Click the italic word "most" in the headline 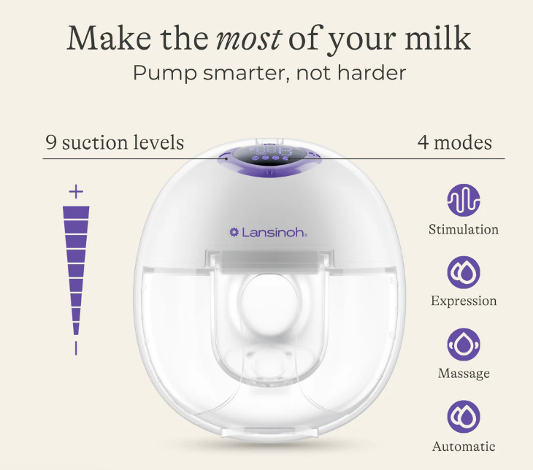point(249,39)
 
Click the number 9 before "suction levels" point(51,142)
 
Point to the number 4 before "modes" point(423,142)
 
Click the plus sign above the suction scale point(76,192)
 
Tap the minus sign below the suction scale point(76,348)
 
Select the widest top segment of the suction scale point(76,212)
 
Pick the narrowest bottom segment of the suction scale point(76,328)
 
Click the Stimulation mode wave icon point(464,201)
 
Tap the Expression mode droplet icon point(464,272)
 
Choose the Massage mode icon point(464,344)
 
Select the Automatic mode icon point(464,417)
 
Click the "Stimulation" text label point(464,229)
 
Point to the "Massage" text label point(464,374)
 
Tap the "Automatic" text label point(464,446)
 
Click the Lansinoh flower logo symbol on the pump point(234,232)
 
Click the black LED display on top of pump point(269,155)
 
